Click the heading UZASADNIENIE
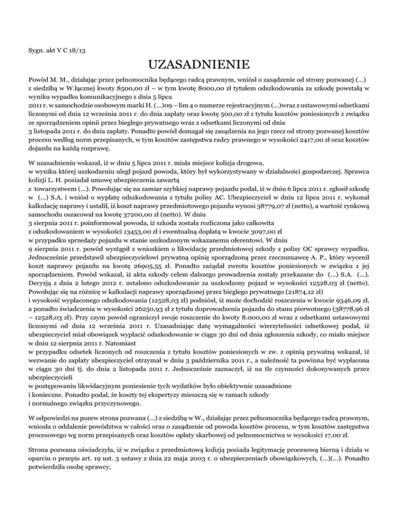pos(199,66)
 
